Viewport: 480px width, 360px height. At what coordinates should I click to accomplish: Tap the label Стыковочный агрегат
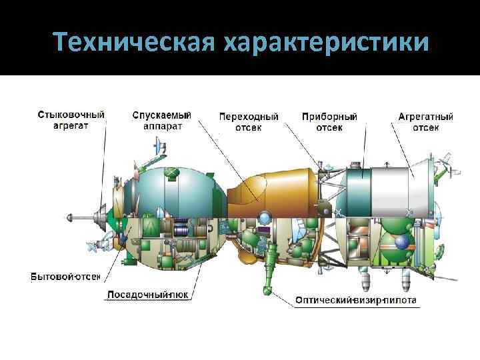tap(71, 120)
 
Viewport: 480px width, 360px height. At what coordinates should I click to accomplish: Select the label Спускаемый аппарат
tap(161, 120)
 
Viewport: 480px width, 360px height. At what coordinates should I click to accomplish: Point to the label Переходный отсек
tap(249, 121)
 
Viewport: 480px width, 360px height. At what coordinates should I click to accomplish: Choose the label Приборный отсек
tap(329, 121)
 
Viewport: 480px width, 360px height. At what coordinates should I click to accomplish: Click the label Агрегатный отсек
tap(425, 121)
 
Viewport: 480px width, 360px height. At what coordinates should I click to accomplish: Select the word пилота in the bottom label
tap(399, 301)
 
